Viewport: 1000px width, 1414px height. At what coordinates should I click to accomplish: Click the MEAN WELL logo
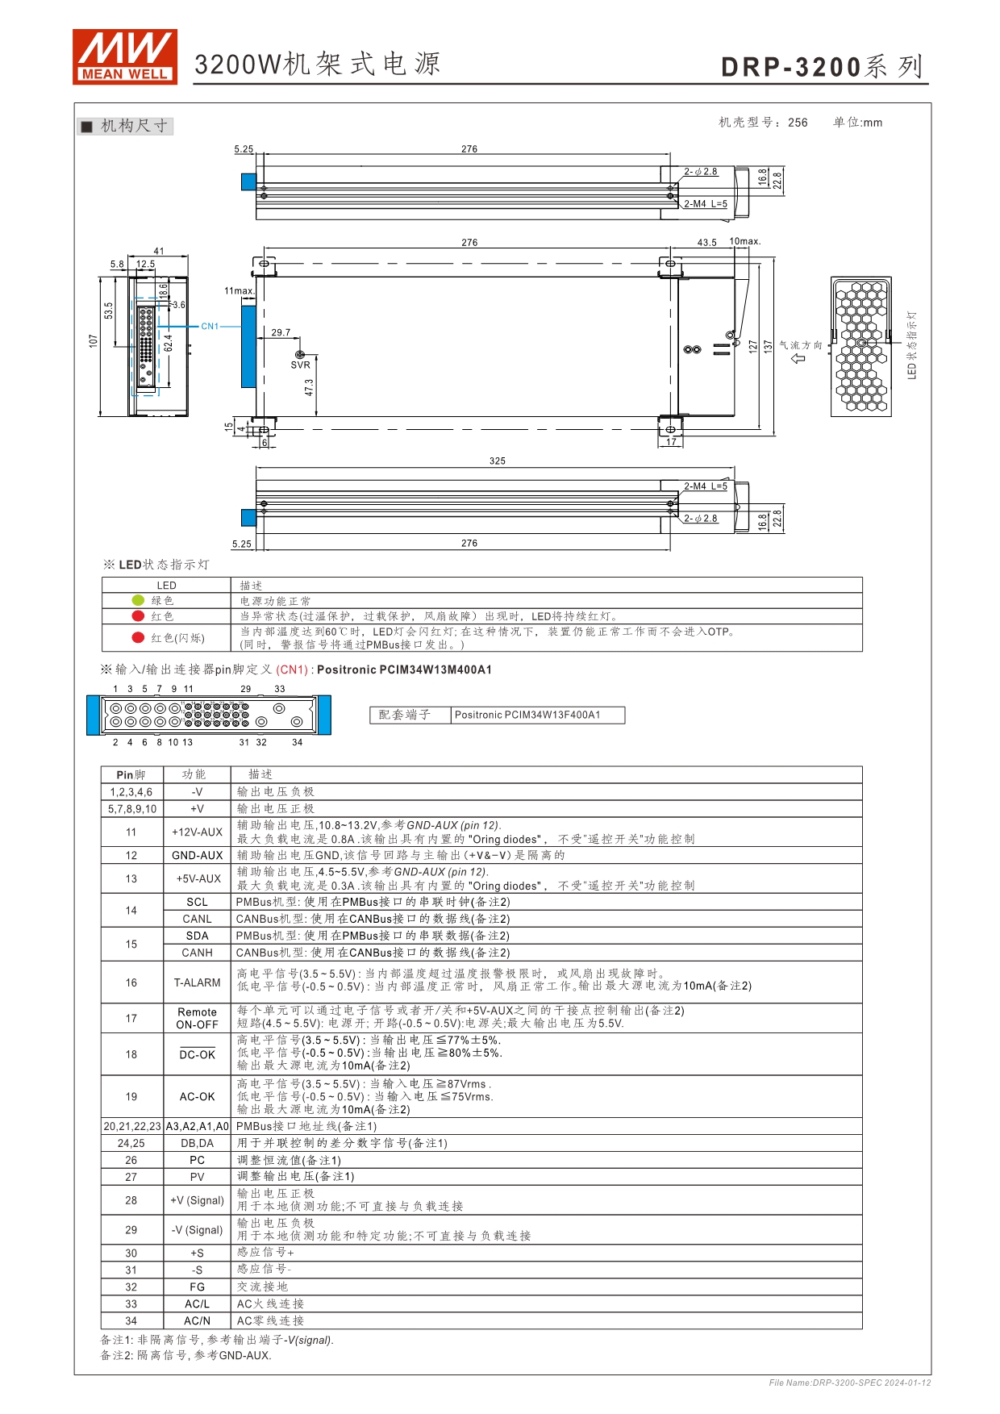(x=125, y=56)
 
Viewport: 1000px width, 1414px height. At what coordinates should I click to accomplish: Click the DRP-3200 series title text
(x=823, y=67)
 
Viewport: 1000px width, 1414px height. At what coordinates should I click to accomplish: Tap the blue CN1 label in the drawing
(x=210, y=327)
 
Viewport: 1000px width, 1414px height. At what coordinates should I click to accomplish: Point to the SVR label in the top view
(x=300, y=365)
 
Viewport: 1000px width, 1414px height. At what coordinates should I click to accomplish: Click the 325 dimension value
(x=498, y=461)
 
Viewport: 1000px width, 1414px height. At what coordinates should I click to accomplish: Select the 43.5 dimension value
(x=706, y=243)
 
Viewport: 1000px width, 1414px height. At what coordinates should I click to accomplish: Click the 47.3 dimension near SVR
(x=309, y=388)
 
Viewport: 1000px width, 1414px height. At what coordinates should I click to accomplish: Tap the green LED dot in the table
(x=138, y=600)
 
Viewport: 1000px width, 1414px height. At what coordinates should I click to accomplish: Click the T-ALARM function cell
(x=198, y=982)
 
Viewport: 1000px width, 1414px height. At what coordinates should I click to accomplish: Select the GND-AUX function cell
(x=198, y=855)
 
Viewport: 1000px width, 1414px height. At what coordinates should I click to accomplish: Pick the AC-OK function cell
(x=198, y=1097)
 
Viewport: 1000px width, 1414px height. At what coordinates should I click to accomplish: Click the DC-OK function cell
(x=198, y=1054)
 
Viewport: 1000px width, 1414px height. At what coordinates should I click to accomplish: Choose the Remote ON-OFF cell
(x=198, y=1018)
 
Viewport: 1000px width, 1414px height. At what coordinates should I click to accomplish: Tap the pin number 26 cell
(x=131, y=1160)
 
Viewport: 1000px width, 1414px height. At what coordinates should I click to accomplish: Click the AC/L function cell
(x=198, y=1303)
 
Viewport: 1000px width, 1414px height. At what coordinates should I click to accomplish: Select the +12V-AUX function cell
(x=198, y=832)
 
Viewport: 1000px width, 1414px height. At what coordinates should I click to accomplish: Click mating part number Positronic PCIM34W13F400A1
(x=527, y=715)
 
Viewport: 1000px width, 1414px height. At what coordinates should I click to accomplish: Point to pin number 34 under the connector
(x=298, y=742)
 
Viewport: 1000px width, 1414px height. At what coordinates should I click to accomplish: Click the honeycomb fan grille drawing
(x=861, y=347)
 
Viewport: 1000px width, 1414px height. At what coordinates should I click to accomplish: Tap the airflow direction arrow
(x=799, y=358)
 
